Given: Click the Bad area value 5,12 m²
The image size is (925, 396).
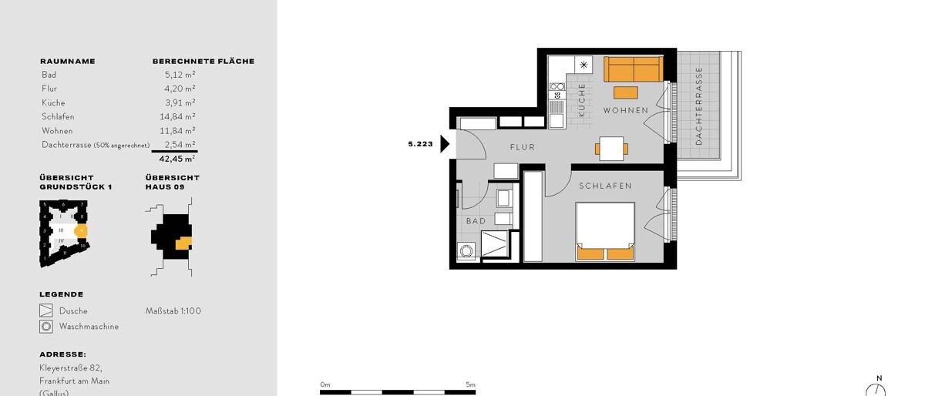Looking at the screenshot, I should (180, 75).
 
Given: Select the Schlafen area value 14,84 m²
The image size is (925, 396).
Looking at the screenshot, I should (180, 116).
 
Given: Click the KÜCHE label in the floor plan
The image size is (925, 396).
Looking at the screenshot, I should (582, 99).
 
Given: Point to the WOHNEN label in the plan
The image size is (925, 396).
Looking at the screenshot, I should (625, 111).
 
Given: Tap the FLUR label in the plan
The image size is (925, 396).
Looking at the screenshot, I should (522, 146).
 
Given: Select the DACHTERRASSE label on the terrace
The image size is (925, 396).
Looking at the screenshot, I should (699, 106).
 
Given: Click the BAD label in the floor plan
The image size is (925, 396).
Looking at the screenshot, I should (476, 221).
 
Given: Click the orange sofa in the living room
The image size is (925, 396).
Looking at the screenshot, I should (632, 69).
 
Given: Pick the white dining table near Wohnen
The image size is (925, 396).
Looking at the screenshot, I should (611, 148).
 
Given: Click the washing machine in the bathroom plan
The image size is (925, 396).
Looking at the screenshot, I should (466, 251).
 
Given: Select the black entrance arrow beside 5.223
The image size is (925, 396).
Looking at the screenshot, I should (445, 144).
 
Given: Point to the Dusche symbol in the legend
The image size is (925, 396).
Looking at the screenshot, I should (46, 311).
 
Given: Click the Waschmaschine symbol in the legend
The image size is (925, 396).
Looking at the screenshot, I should (46, 327).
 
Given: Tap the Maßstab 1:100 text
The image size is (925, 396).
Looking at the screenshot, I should (173, 311).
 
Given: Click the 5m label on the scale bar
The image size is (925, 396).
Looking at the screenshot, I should (470, 384).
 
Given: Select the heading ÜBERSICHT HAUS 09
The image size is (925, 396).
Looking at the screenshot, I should (172, 182).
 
